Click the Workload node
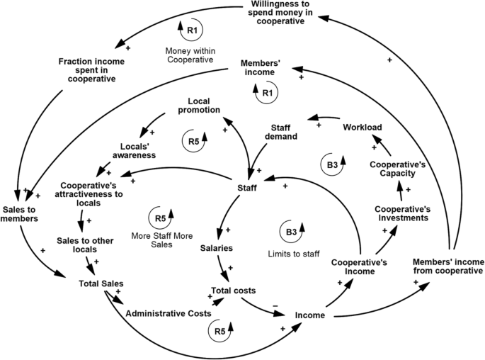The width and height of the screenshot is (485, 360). click(363, 128)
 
